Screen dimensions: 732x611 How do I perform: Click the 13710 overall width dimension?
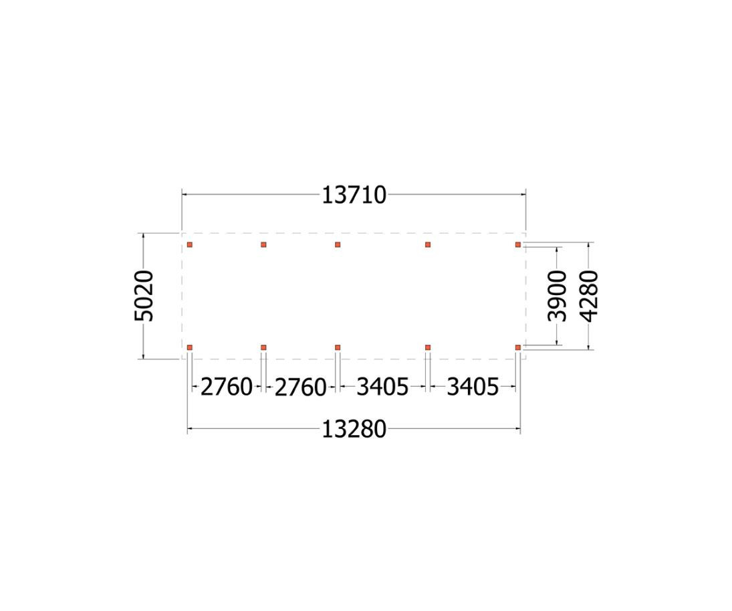click(354, 195)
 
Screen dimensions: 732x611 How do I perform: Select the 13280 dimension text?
click(354, 429)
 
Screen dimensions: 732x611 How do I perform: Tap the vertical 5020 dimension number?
click(144, 296)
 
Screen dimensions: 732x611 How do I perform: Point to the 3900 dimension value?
click(557, 296)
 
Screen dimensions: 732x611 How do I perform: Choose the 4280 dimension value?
click(589, 296)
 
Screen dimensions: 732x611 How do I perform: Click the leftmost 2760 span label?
click(227, 387)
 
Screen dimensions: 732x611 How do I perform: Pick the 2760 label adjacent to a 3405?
click(300, 387)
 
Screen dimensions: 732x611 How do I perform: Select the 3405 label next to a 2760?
click(382, 387)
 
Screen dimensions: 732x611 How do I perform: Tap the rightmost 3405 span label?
click(473, 387)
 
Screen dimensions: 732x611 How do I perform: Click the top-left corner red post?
click(190, 244)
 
